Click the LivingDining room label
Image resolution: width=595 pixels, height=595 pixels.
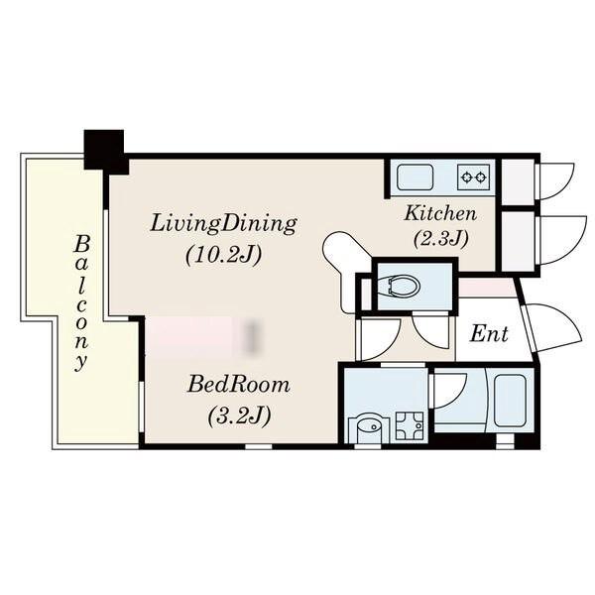pos(223,224)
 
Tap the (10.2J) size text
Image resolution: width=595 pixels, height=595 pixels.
pos(224,255)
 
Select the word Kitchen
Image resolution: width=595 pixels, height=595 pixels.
pos(440,213)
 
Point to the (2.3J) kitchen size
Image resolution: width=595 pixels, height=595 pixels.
pos(440,239)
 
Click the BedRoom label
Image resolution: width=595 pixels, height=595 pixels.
pos(239,385)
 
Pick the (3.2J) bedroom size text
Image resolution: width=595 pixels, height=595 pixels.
pos(239,416)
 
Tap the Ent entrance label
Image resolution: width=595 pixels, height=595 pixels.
pos(489,334)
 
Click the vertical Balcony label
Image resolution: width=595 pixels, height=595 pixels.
pos(81,302)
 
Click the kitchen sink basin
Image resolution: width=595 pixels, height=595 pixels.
pos(416,178)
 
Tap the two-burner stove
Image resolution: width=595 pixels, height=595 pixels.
pos(473,177)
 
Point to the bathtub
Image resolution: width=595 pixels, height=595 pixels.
pos(510,401)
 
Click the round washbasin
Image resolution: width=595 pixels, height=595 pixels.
pos(368,428)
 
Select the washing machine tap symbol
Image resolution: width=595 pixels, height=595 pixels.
pos(410,425)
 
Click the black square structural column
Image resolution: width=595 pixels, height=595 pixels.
pos(104,150)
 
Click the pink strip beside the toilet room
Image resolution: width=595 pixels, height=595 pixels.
pos(487,288)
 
